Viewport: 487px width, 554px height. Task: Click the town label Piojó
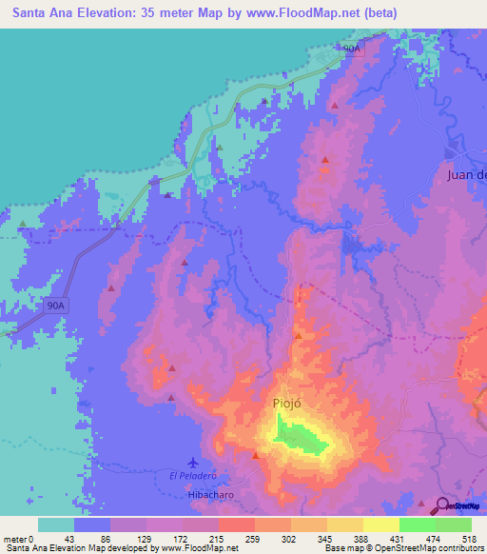[286, 404]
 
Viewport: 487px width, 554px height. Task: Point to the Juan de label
[467, 174]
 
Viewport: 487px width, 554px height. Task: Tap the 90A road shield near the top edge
[352, 48]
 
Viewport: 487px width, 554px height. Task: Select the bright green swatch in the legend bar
[417, 524]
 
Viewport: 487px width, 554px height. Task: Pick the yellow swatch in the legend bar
[380, 524]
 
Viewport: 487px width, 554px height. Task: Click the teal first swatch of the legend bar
[55, 524]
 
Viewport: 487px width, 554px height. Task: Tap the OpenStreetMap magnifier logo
[442, 505]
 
